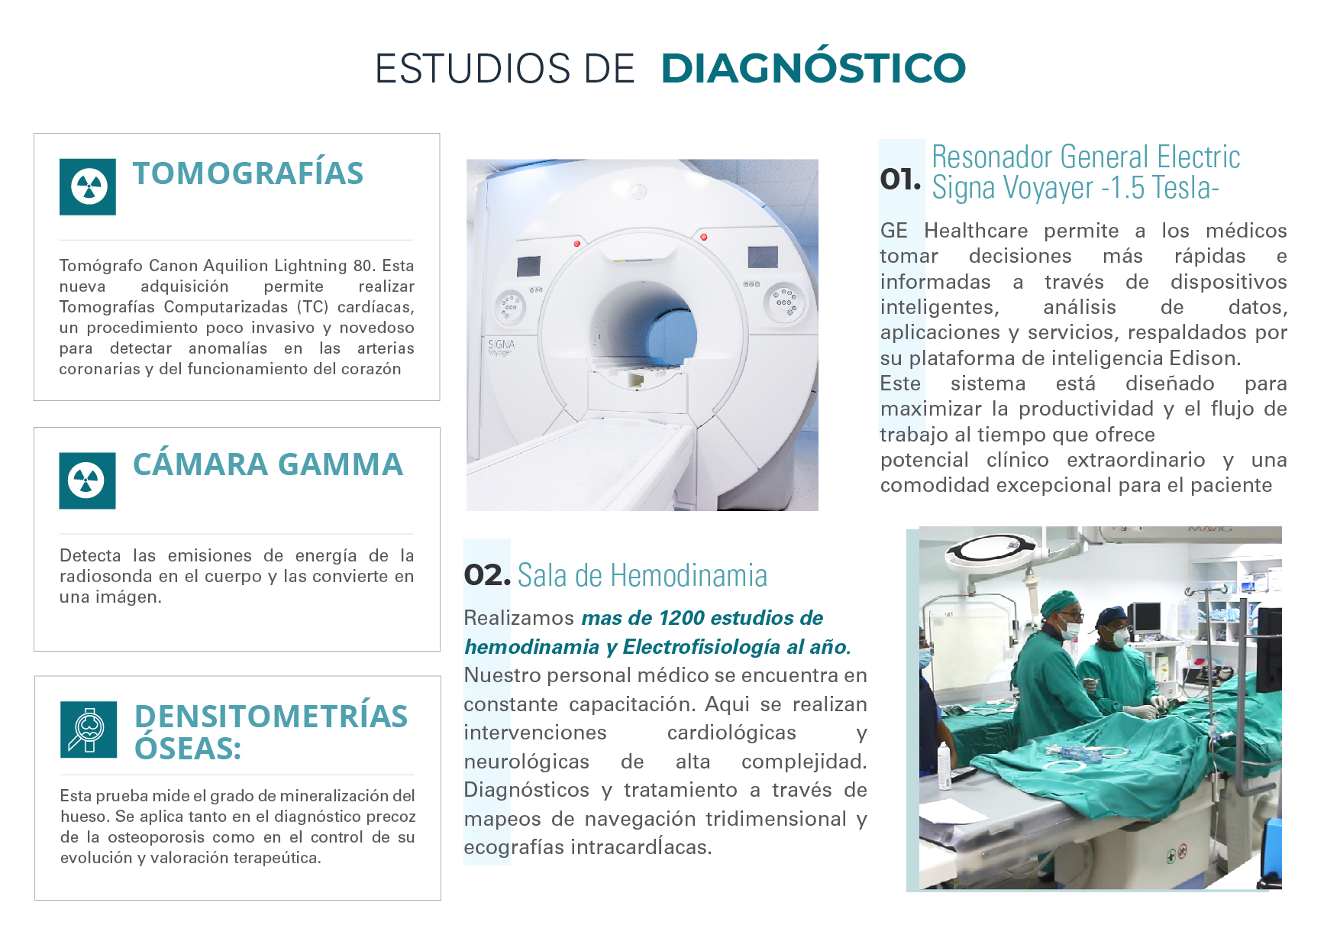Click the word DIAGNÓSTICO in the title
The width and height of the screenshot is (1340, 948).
click(812, 68)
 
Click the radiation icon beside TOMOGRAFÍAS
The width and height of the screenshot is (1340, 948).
click(88, 186)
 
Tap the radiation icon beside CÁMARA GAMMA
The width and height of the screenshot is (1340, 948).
click(87, 480)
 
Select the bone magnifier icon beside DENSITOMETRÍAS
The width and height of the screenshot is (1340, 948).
click(89, 729)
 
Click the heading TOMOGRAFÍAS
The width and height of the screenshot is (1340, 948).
click(247, 173)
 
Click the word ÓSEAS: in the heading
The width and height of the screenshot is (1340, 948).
click(188, 749)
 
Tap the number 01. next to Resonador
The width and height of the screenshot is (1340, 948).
click(900, 180)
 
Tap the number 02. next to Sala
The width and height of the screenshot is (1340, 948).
click(486, 575)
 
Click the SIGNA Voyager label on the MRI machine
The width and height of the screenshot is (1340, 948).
click(501, 347)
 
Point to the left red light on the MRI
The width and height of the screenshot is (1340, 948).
click(577, 244)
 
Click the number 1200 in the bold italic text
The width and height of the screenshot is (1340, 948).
click(682, 618)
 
